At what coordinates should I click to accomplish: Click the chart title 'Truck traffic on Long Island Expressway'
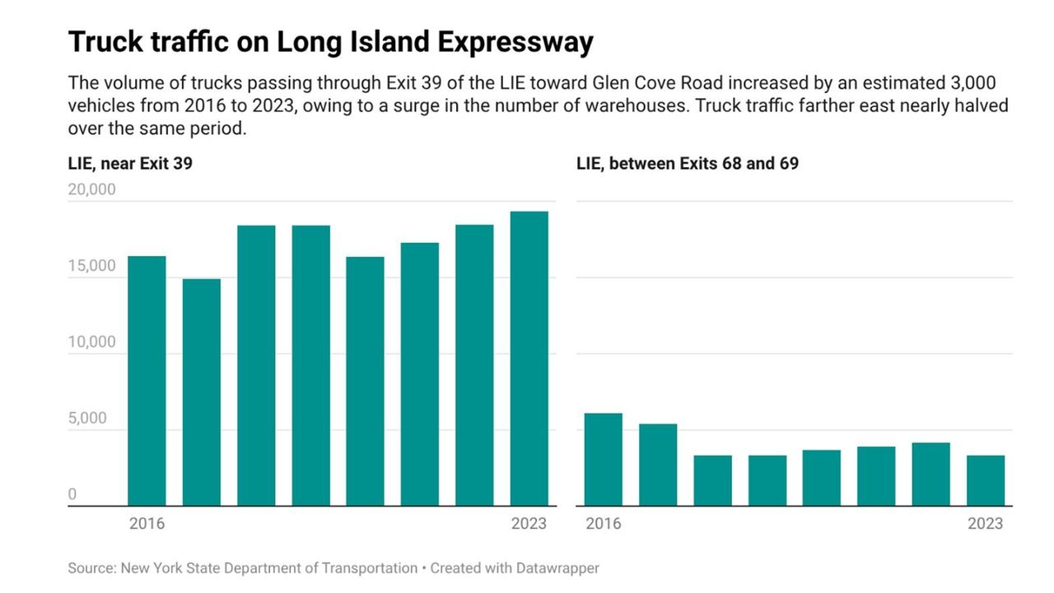click(x=330, y=42)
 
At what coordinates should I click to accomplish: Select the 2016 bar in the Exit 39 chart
click(x=147, y=381)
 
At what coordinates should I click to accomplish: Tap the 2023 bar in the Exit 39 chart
click(x=529, y=358)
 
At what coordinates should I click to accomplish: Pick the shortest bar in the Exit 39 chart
click(x=201, y=392)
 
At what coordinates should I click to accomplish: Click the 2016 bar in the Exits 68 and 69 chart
click(x=603, y=459)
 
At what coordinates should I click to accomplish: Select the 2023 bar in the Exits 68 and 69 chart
click(x=985, y=480)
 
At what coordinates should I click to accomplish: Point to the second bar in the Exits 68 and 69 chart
click(x=658, y=465)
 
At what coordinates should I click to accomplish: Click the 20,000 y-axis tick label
click(x=91, y=189)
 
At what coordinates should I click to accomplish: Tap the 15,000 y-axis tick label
click(x=91, y=266)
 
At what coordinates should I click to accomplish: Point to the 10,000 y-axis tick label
click(x=91, y=343)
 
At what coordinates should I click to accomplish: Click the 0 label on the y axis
click(x=72, y=494)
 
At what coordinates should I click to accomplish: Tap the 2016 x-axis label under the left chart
click(x=147, y=524)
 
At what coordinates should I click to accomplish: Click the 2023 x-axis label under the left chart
click(x=529, y=524)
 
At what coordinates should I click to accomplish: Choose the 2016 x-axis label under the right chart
click(x=603, y=524)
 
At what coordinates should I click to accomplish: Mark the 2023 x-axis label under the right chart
click(x=985, y=524)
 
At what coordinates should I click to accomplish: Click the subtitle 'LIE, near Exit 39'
click(x=130, y=164)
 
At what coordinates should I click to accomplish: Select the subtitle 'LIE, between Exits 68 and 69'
click(x=688, y=164)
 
